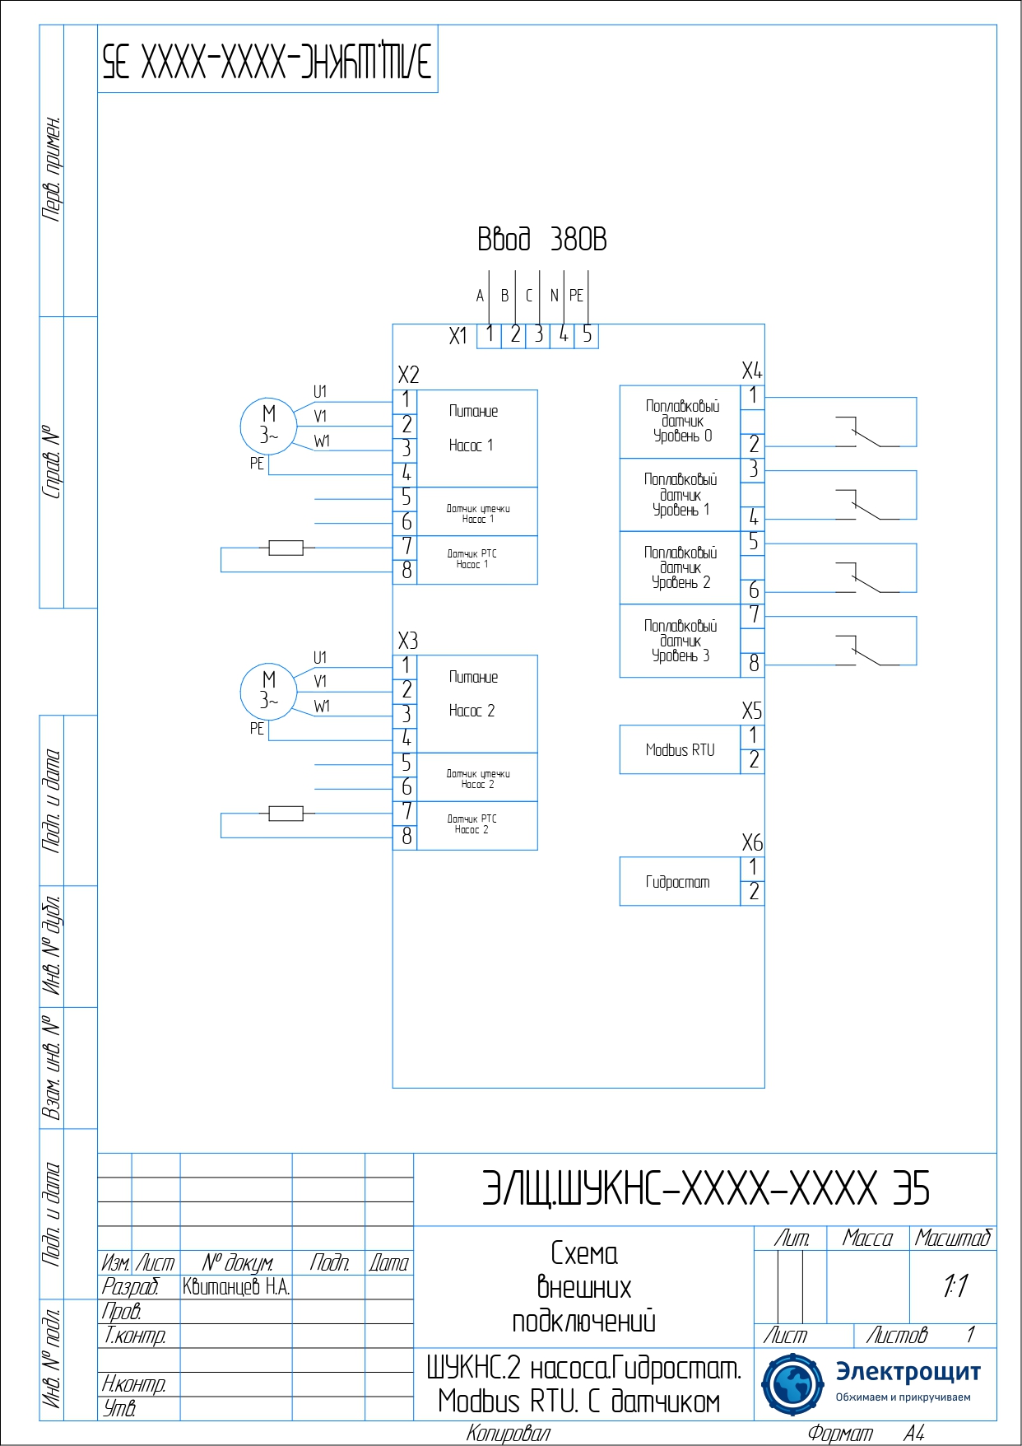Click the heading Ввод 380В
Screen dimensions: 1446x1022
click(x=542, y=240)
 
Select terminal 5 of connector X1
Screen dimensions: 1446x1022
click(x=587, y=334)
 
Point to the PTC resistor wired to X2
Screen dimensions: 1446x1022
click(x=286, y=548)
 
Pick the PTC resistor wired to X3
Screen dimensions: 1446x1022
click(x=286, y=814)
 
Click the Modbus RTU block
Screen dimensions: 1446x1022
click(x=680, y=749)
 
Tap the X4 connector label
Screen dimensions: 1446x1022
click(x=751, y=371)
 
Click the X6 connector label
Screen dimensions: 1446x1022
click(x=751, y=843)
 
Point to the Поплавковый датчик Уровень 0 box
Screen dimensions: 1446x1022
click(x=681, y=422)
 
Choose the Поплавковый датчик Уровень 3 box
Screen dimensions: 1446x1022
click(x=681, y=641)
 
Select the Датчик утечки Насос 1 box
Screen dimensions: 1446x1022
click(x=477, y=513)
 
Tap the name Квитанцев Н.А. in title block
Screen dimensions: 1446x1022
click(x=236, y=1287)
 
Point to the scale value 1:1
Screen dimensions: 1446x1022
click(x=955, y=1285)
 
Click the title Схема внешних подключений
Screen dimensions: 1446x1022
click(x=583, y=1287)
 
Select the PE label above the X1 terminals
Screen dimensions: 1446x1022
click(x=576, y=296)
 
